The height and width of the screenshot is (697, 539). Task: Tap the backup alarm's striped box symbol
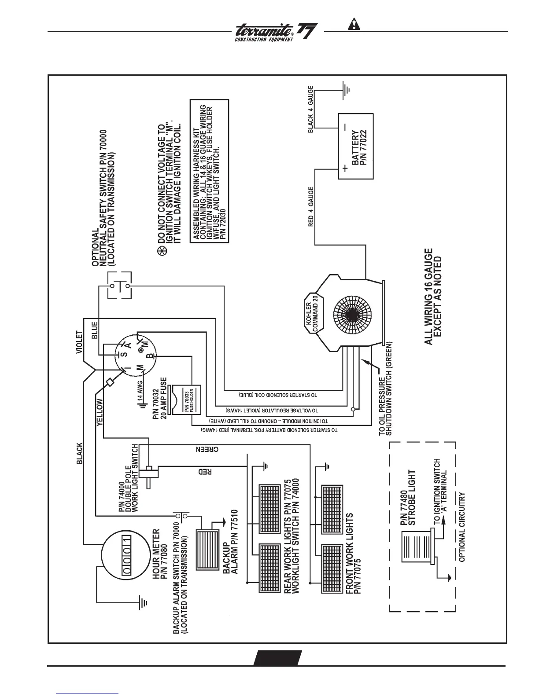pos(207,549)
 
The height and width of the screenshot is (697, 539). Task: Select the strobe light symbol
pos(416,547)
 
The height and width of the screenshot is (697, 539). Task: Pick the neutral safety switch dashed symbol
pos(120,286)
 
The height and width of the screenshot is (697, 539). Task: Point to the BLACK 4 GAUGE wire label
pos(311,110)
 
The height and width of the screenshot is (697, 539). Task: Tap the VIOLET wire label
pos(79,342)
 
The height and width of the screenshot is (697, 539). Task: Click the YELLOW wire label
pos(100,412)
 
